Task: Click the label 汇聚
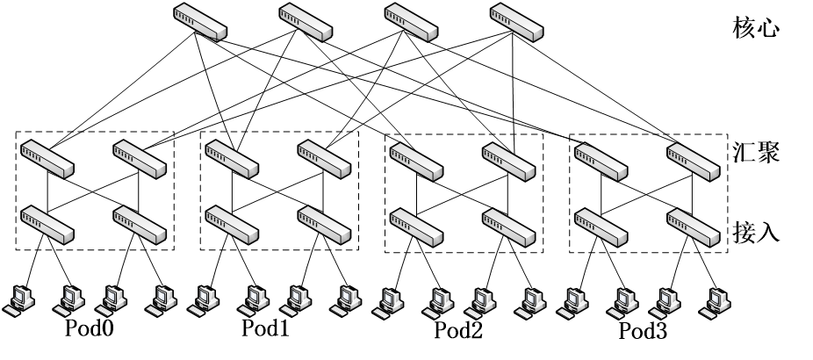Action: coord(756,153)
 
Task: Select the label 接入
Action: coord(756,233)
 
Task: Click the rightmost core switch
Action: coord(516,21)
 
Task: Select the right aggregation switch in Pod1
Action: coord(323,157)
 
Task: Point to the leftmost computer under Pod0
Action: coord(18,299)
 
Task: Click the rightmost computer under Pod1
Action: coord(345,299)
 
